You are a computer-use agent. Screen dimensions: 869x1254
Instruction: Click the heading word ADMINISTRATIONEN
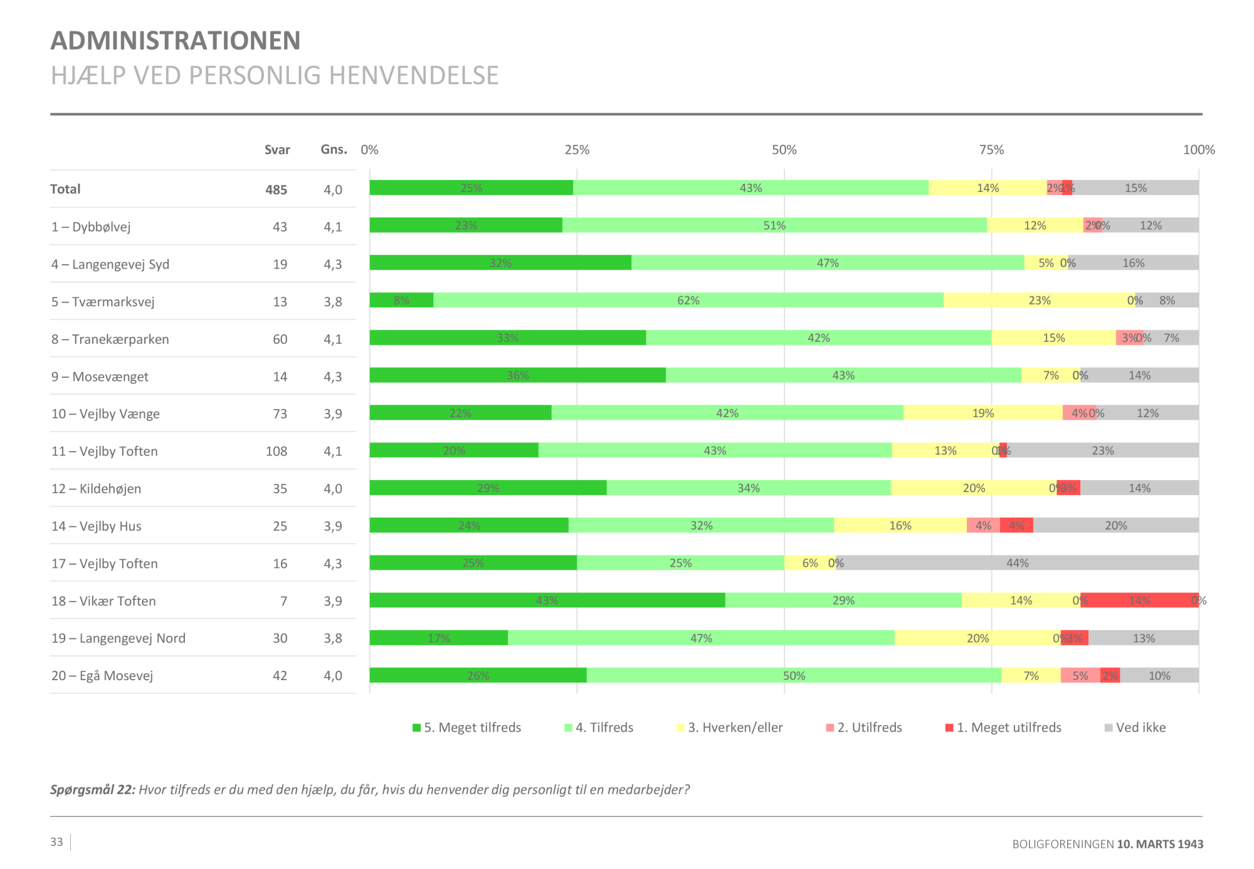[x=176, y=41]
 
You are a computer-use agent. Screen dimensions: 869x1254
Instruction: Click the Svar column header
[x=277, y=150]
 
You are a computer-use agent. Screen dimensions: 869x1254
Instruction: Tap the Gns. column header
[x=334, y=150]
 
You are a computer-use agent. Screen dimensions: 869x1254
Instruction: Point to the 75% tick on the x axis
[x=991, y=150]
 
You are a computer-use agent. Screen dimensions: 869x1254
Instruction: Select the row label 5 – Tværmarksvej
[x=103, y=302]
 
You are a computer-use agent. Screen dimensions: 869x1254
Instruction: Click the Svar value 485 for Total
[x=276, y=189]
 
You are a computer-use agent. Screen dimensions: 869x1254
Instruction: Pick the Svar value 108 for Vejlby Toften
[x=276, y=451]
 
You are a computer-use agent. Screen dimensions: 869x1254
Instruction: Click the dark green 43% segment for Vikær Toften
[x=547, y=600]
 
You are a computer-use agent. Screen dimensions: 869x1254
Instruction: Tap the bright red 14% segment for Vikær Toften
[x=1139, y=600]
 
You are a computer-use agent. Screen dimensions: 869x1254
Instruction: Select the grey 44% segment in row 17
[x=1017, y=563]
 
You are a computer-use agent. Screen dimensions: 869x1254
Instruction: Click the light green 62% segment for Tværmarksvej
[x=688, y=301]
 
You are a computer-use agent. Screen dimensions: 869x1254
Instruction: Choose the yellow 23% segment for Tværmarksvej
[x=1039, y=301]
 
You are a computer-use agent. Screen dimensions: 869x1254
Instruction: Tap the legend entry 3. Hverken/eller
[x=730, y=728]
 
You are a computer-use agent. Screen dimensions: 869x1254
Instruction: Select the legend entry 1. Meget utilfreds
[x=1003, y=728]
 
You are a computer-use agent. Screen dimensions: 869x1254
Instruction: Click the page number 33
[x=56, y=842]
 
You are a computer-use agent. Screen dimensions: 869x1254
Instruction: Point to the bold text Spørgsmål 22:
[x=92, y=790]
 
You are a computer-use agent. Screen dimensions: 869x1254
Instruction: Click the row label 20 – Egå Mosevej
[x=102, y=676]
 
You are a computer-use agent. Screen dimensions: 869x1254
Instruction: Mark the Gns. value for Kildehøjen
[x=333, y=489]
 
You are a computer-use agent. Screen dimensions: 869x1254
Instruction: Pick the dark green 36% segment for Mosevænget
[x=517, y=375]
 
